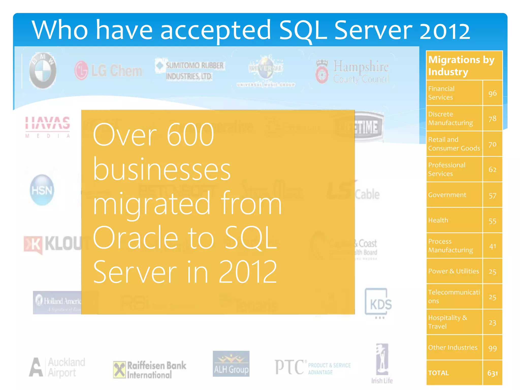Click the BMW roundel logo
pyautogui.click(x=43, y=71)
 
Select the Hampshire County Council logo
pyautogui.click(x=352, y=72)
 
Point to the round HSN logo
pyautogui.click(x=42, y=190)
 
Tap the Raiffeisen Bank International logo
pyautogui.click(x=150, y=370)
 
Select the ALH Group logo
pyautogui.click(x=231, y=364)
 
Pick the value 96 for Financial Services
pyautogui.click(x=492, y=93)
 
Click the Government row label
pyautogui.click(x=447, y=195)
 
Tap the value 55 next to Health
pyautogui.click(x=492, y=221)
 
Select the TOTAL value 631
pyautogui.click(x=492, y=373)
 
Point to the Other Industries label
pyautogui.click(x=453, y=347)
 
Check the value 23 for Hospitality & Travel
pyautogui.click(x=492, y=322)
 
